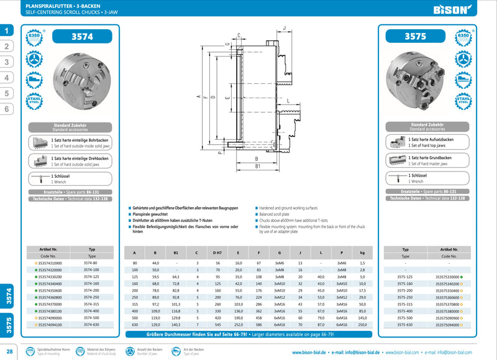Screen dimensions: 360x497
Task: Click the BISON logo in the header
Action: coord(464,9)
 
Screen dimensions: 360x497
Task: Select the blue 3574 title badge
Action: coord(82,37)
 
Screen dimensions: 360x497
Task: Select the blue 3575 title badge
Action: coord(415,37)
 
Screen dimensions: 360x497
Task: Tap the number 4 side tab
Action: coord(6,78)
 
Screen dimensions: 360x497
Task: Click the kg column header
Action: coord(362,253)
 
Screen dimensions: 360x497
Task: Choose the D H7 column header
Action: coord(217,253)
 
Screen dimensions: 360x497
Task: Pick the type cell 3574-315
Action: coord(91,305)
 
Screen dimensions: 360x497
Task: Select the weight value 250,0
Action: coord(362,325)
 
